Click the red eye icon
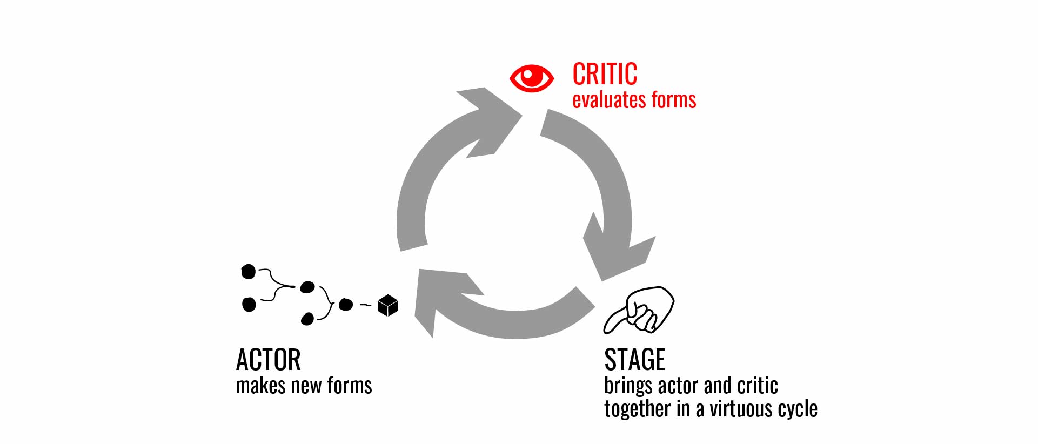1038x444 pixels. point(532,78)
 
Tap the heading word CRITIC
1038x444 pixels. point(605,74)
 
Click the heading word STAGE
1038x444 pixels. point(634,360)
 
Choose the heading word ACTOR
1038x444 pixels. point(268,360)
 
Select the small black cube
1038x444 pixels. point(388,305)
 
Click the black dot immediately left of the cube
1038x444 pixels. point(345,305)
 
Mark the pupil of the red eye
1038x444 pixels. point(532,77)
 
